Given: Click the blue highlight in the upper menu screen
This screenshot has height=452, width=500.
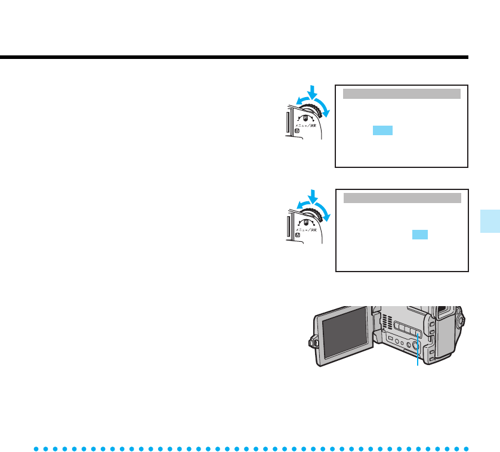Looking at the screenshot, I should pyautogui.click(x=382, y=130).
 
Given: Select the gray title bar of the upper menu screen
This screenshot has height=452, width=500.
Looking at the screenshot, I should pyautogui.click(x=402, y=93).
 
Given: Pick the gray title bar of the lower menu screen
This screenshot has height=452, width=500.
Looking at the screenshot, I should pyautogui.click(x=402, y=198).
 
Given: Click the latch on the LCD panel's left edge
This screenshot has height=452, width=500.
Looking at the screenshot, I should pyautogui.click(x=312, y=342).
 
